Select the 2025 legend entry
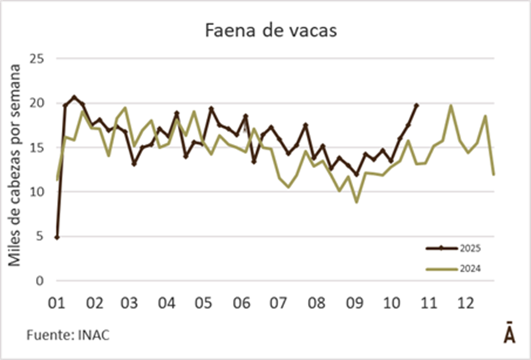(470, 248)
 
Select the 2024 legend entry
(470, 268)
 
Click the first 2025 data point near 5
(57, 237)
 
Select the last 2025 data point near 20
(417, 105)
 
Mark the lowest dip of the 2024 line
(356, 201)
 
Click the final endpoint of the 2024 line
(494, 174)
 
